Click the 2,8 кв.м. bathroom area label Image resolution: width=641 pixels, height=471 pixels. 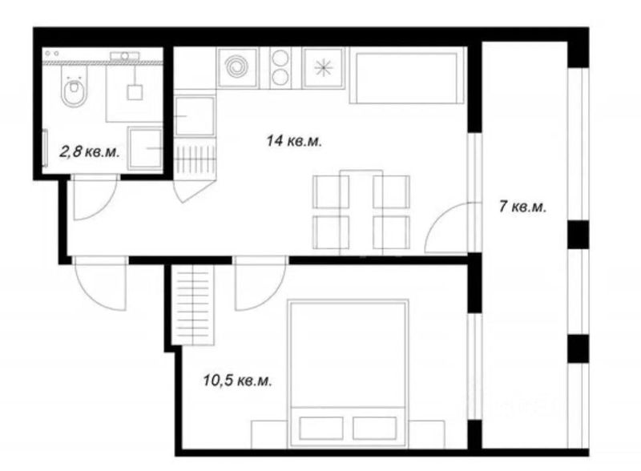pyautogui.click(x=90, y=152)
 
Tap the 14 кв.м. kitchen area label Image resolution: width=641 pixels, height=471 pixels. pyautogui.click(x=294, y=142)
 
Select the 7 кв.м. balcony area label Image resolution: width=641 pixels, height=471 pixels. pyautogui.click(x=522, y=207)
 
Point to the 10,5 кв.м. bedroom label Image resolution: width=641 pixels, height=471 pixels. pyautogui.click(x=237, y=380)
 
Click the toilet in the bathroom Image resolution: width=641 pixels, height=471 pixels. pyautogui.click(x=75, y=87)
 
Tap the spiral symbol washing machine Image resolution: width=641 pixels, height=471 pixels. pyautogui.click(x=237, y=67)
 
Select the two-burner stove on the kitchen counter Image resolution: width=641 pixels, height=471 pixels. pyautogui.click(x=280, y=67)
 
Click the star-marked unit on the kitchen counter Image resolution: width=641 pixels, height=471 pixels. pyautogui.click(x=323, y=67)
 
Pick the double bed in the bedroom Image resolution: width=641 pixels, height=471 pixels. pyautogui.click(x=348, y=374)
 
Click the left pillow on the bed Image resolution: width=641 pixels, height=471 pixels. pyautogui.click(x=321, y=428)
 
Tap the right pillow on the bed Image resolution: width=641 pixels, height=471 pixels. pyautogui.click(x=374, y=428)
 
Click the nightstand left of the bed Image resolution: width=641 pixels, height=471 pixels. pyautogui.click(x=269, y=434)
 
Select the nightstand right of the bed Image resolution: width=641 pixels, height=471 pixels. pyautogui.click(x=426, y=434)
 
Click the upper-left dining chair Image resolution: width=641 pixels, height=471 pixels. pyautogui.click(x=331, y=191)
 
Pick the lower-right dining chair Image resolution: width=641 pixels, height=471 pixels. pyautogui.click(x=391, y=232)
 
